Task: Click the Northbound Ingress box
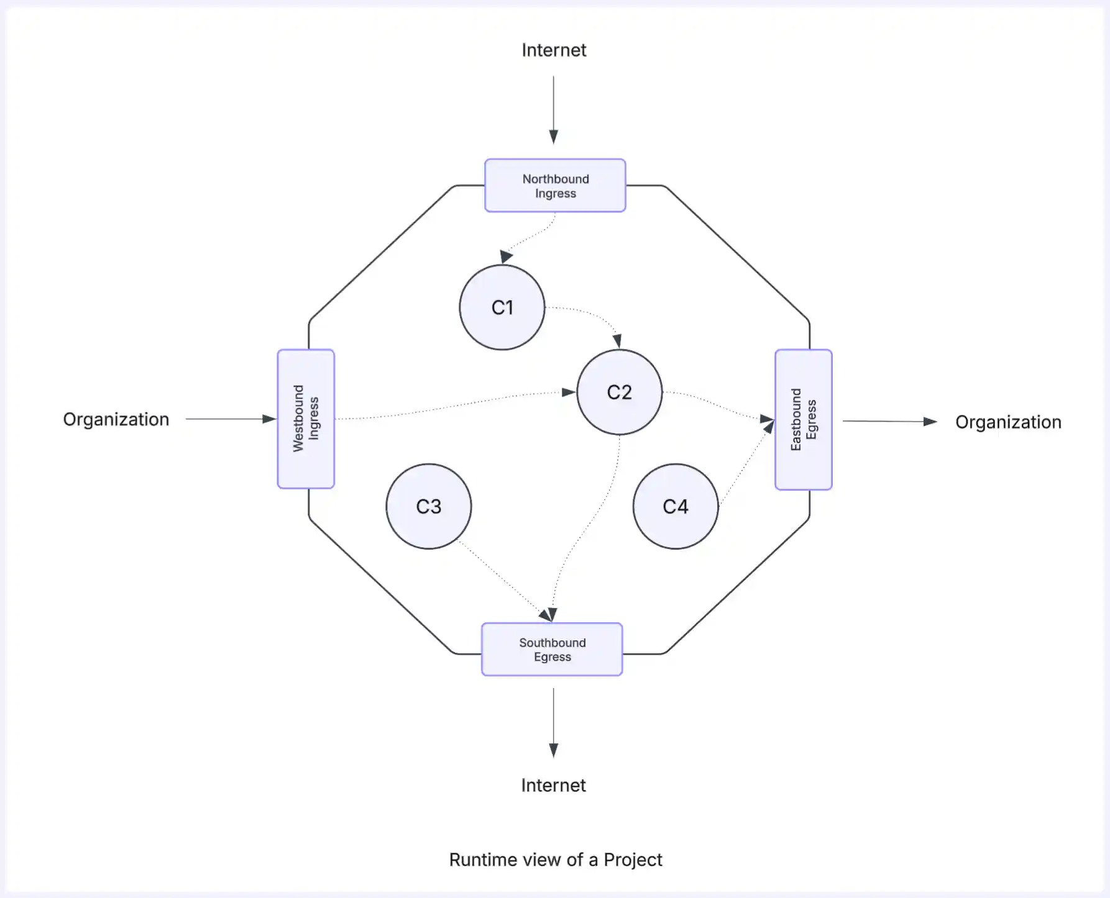point(555,186)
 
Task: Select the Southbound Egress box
point(552,650)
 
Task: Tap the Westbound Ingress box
point(306,419)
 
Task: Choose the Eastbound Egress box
point(804,420)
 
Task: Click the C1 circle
point(502,307)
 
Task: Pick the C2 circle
point(620,392)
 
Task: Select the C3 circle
point(429,507)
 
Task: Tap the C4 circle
point(676,507)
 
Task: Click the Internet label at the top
point(554,50)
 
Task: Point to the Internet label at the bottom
point(553,786)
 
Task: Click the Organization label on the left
point(116,420)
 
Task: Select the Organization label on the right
point(1008,422)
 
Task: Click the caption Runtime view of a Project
point(556,860)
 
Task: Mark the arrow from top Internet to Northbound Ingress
point(553,109)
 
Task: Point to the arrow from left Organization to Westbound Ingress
point(230,419)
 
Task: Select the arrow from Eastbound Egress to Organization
point(889,422)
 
